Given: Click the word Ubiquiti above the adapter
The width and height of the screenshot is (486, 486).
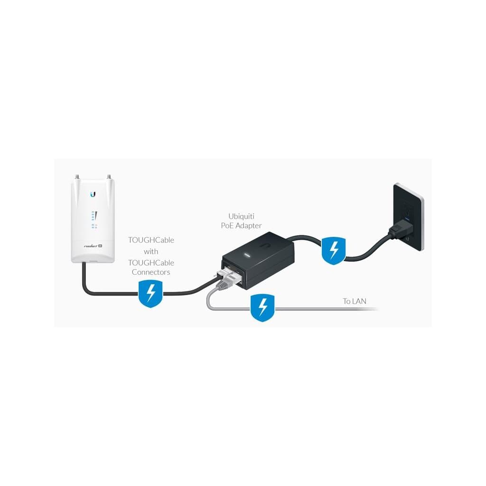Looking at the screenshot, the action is [241, 216].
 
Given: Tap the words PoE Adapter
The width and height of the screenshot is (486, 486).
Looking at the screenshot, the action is [241, 225].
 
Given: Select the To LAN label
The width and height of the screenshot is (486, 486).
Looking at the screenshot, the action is [354, 301].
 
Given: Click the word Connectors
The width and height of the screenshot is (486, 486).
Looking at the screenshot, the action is [151, 272].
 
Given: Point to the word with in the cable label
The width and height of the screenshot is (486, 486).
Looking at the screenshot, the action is [151, 252].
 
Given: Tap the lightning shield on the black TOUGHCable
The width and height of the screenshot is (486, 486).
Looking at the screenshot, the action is [150, 293].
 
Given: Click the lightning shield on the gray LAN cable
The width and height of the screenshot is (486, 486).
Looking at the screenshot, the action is [262, 308].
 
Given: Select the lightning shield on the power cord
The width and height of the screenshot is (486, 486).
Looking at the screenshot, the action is [334, 251].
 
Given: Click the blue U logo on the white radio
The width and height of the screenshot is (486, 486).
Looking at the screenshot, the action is [93, 194].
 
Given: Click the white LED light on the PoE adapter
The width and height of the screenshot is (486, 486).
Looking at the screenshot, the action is [248, 255].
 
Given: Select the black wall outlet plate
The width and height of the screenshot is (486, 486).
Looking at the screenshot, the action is [408, 216].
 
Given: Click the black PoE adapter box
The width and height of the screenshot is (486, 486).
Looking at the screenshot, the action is [258, 261].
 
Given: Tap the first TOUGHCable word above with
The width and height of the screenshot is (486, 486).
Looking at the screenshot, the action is [151, 240].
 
